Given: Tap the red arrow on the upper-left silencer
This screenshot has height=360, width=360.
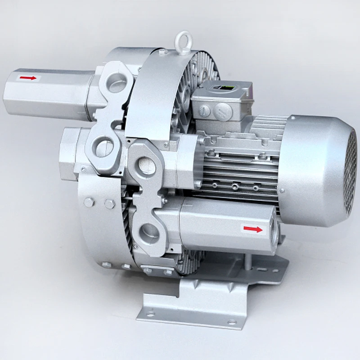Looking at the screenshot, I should pyautogui.click(x=28, y=78).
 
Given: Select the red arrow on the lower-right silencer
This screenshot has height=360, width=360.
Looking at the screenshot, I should pyautogui.click(x=253, y=229).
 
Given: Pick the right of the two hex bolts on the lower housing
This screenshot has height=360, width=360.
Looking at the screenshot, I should pyautogui.click(x=109, y=204).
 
